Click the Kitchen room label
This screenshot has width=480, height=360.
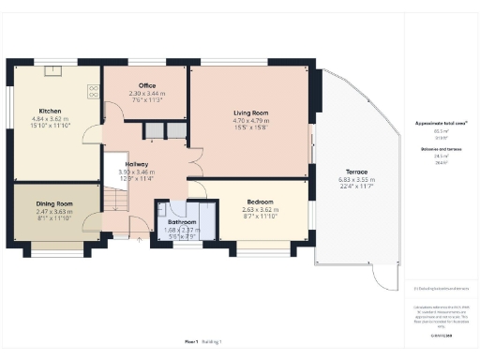click(51, 110)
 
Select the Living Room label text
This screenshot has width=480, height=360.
click(250, 112)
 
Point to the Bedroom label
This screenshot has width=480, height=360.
click(260, 202)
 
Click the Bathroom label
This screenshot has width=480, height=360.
click(183, 222)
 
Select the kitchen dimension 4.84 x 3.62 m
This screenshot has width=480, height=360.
click(51, 119)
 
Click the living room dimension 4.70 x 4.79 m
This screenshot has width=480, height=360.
click(250, 121)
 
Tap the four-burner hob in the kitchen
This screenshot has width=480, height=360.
click(94, 91)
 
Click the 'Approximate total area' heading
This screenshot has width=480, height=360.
click(440, 123)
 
